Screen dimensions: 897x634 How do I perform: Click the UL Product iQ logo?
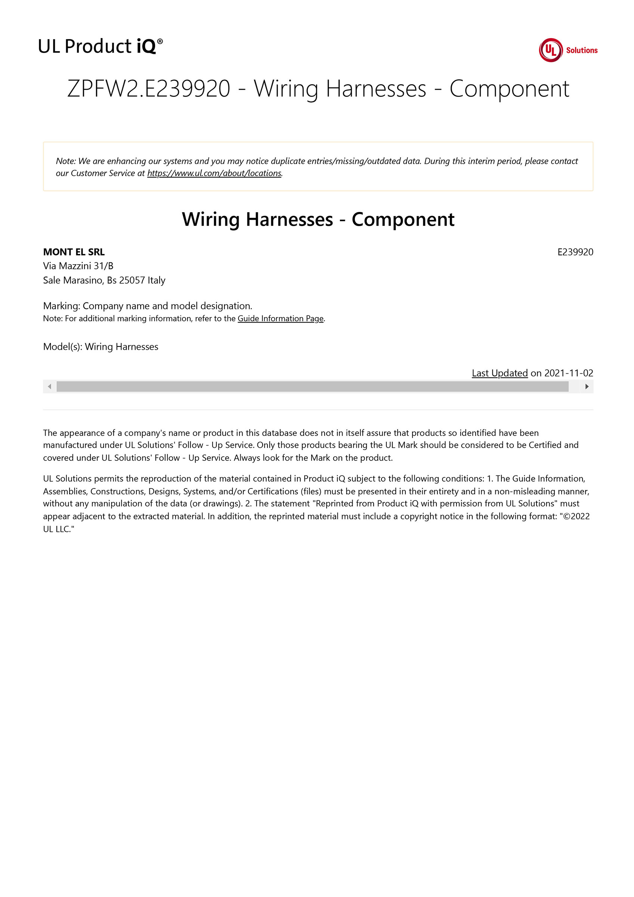[100, 46]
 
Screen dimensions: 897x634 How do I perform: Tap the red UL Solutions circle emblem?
[550, 50]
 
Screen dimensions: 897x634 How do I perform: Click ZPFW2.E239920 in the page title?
[148, 89]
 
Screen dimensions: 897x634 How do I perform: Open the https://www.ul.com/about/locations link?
[214, 173]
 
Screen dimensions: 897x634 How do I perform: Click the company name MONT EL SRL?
[74, 252]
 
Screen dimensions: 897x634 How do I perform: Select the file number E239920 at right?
[575, 252]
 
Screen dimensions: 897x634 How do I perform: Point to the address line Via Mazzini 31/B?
[78, 266]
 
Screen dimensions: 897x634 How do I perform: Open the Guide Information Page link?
[281, 318]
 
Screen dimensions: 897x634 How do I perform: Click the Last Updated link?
[500, 373]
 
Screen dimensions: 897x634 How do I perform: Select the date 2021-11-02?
[568, 373]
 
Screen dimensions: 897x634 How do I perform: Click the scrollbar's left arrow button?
[49, 387]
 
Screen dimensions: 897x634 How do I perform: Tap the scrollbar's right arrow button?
[587, 387]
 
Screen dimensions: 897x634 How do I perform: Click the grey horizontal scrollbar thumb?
[312, 387]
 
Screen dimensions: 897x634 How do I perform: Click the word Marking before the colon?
[61, 306]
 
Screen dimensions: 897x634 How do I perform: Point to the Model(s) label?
[62, 347]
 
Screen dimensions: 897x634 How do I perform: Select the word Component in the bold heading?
[403, 219]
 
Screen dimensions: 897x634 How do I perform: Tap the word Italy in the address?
[156, 281]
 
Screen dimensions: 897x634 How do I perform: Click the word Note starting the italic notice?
[65, 161]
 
